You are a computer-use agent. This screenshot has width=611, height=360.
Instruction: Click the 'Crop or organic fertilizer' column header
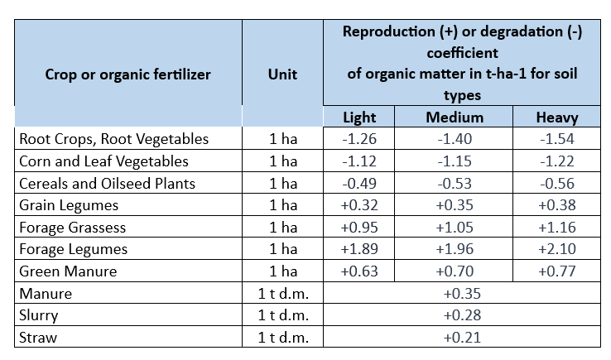coord(127,74)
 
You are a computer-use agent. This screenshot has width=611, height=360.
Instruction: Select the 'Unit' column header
coord(282,74)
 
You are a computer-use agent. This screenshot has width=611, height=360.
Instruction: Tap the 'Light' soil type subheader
coord(359,118)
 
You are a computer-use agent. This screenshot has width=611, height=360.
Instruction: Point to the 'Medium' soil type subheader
coord(455,118)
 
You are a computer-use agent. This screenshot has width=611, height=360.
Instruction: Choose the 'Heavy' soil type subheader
coord(556,118)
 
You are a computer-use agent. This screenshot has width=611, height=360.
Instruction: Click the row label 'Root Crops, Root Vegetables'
coord(114,139)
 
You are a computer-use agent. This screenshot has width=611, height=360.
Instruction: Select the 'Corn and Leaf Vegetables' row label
coord(103,161)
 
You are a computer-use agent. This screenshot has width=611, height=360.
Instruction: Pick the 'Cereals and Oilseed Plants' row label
coord(108,183)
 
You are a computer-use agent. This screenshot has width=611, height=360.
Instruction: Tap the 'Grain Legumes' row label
coord(69,205)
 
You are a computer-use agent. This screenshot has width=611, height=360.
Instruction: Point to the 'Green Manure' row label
coord(68,271)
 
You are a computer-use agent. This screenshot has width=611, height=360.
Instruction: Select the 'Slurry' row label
coord(39,315)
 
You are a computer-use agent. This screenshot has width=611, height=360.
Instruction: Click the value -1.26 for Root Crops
coord(359,139)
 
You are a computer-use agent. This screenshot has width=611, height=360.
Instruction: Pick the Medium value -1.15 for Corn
coord(455,161)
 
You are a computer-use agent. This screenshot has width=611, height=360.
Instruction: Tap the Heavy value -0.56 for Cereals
coord(556,183)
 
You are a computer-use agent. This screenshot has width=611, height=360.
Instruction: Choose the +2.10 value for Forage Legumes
coord(556,249)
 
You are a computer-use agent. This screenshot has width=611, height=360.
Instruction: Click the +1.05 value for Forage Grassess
coord(455,227)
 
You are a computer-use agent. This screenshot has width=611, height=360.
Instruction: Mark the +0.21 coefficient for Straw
coord(463,338)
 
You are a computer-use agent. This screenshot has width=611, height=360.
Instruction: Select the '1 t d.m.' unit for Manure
coord(282,294)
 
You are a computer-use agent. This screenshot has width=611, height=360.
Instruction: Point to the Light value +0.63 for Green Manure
coord(359,271)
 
